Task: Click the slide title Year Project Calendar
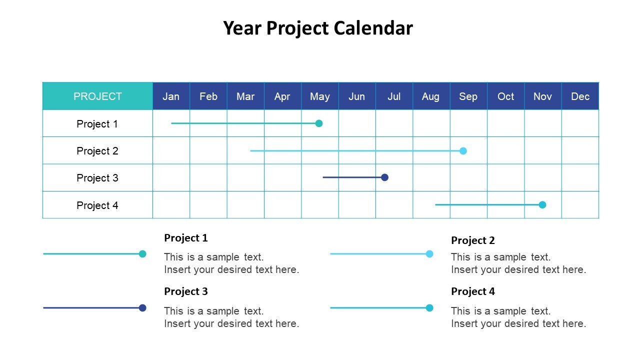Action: point(318,28)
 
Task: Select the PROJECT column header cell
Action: point(97,96)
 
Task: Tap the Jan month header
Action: point(171,96)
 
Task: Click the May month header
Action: point(319,96)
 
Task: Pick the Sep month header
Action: point(468,96)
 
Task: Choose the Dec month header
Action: point(580,96)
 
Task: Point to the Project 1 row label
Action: point(97,124)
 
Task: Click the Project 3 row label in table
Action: point(97,178)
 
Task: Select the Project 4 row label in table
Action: point(97,205)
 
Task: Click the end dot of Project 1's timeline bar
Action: point(319,123)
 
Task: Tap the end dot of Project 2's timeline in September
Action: point(463,151)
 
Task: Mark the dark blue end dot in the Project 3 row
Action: point(384,177)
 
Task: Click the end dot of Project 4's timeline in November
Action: point(542,205)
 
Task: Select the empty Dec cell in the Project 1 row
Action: point(580,123)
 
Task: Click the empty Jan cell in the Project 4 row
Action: point(171,205)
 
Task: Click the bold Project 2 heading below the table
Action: point(472,240)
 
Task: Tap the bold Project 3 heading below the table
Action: point(185,291)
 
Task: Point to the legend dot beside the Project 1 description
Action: point(142,254)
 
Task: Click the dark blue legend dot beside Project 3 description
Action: point(142,308)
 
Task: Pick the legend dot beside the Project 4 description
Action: point(429,308)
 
